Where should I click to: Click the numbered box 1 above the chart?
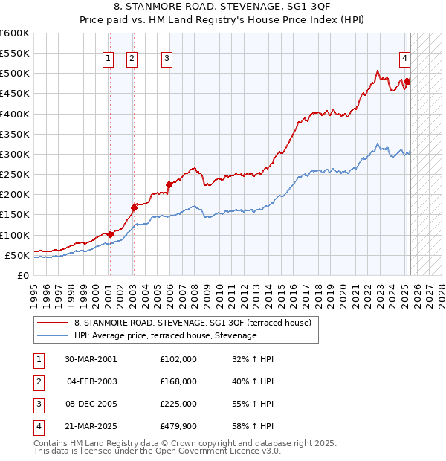[x=109, y=59]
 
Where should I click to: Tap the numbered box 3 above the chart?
[x=167, y=59]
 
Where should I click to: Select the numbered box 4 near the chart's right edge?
[x=404, y=59]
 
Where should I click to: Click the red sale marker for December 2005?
[x=169, y=184]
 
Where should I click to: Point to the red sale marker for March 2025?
[x=407, y=81]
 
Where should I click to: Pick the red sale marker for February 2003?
[x=134, y=207]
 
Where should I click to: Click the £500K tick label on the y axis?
[x=14, y=74]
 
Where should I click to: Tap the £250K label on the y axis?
[x=14, y=174]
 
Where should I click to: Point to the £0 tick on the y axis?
[x=22, y=275]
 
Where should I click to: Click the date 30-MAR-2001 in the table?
[x=91, y=359]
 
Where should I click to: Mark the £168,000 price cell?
[x=179, y=381]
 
